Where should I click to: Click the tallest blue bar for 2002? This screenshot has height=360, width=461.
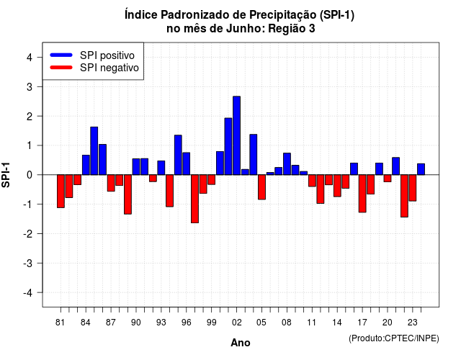[x=237, y=135]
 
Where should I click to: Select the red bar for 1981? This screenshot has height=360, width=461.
[x=61, y=192]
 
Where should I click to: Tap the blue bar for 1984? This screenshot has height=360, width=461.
[x=86, y=165]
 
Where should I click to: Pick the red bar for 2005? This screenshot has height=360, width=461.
[x=261, y=187]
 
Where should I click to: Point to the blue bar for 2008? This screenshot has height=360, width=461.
[x=287, y=164]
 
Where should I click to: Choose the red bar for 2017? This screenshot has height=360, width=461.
[x=362, y=194]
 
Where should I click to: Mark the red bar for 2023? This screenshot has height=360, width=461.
[x=413, y=188]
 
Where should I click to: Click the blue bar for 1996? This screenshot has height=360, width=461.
[x=187, y=163]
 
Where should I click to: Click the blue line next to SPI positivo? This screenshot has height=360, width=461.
[x=61, y=55]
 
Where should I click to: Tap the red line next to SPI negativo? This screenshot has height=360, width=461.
[x=61, y=68]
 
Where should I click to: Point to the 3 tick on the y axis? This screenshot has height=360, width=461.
[x=40, y=86]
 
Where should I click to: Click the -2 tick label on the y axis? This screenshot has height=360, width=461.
[x=28, y=233]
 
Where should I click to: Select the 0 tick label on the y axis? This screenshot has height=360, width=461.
[x=30, y=175]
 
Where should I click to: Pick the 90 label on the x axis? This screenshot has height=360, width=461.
[x=136, y=323]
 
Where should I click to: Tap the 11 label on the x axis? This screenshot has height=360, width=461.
[x=312, y=323]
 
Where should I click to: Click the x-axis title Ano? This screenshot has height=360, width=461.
[x=241, y=343]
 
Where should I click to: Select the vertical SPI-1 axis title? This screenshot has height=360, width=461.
[x=6, y=175]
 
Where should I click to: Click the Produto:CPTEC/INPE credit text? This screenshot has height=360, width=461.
[x=394, y=338]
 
